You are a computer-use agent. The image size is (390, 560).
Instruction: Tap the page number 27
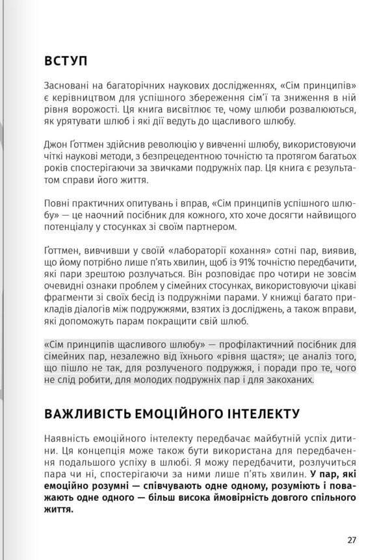[x=352, y=539]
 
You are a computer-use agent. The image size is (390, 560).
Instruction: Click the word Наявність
[x=68, y=437]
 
